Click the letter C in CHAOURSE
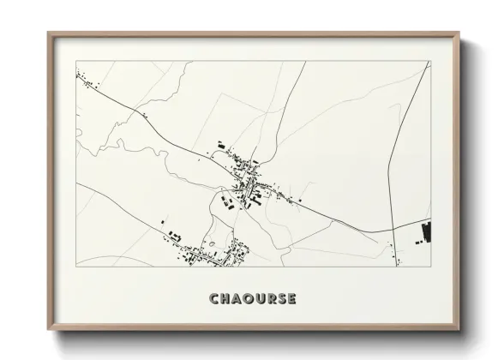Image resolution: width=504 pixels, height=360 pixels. [213, 299]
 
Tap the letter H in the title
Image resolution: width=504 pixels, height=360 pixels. [225, 299]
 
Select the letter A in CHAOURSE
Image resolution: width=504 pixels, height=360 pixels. [237, 299]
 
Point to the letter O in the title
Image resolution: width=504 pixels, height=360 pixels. [249, 299]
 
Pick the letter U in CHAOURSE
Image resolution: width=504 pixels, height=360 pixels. [261, 299]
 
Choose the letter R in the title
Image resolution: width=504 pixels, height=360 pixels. [272, 299]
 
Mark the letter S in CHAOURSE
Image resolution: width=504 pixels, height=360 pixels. [283, 299]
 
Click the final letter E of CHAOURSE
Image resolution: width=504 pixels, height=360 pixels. [293, 299]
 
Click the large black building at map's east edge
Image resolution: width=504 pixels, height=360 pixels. [426, 231]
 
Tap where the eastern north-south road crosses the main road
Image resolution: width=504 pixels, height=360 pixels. [393, 229]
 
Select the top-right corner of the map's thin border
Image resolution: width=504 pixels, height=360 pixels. [429, 61]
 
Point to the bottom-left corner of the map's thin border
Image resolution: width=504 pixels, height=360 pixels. [76, 266]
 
